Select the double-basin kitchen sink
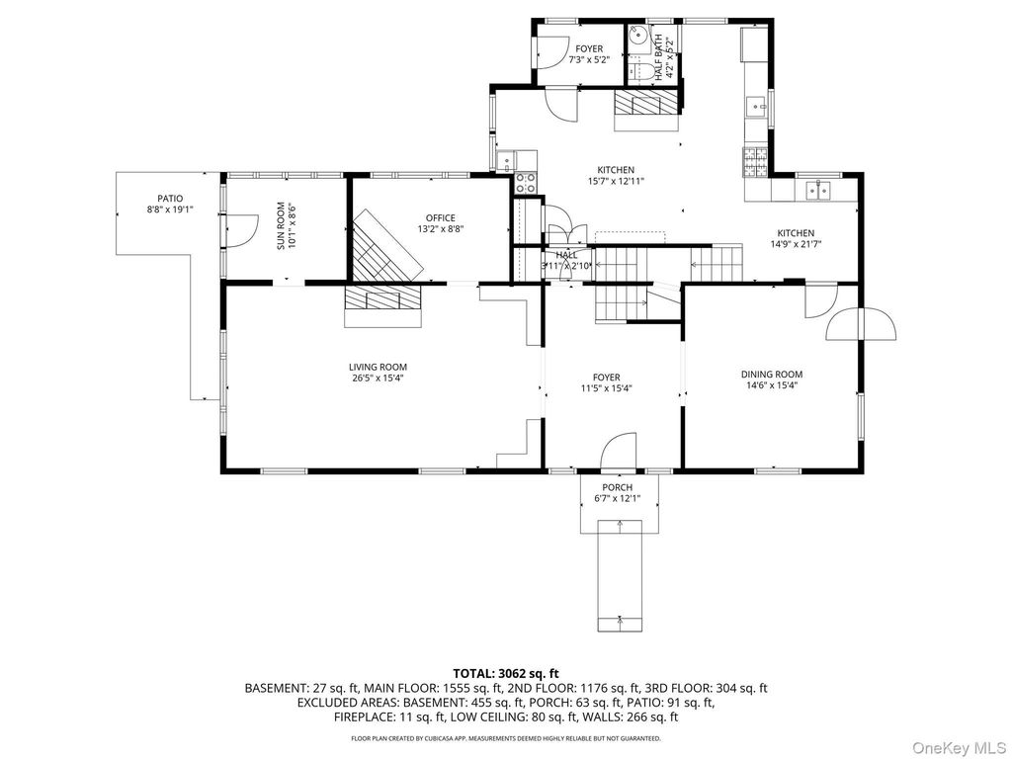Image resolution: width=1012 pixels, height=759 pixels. tap(817, 190)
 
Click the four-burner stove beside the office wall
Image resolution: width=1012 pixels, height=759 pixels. tap(526, 183)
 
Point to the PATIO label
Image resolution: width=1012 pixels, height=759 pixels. tap(170, 199)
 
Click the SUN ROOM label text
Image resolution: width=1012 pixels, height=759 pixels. tap(281, 226)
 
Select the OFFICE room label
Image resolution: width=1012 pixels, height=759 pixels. tap(440, 218)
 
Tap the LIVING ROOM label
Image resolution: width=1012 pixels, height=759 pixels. tap(379, 368)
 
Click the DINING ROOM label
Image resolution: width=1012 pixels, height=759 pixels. tap(771, 375)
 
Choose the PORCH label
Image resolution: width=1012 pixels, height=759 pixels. tap(617, 487)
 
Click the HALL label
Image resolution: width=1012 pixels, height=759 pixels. tap(566, 255)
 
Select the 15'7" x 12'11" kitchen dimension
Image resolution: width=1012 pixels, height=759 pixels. tap(615, 182)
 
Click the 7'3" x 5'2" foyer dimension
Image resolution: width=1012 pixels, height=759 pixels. tap(589, 60)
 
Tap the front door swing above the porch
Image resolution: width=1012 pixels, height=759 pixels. tap(619, 450)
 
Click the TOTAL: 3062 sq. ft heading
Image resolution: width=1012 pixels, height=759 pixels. tap(505, 675)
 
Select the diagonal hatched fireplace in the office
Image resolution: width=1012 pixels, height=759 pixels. tap(387, 243)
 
